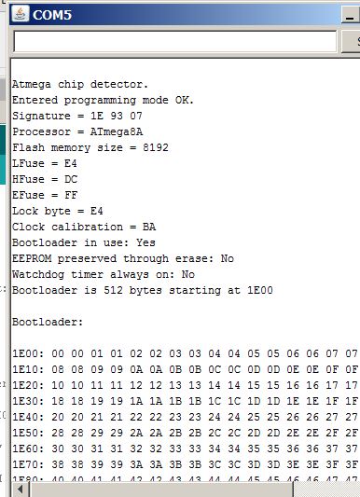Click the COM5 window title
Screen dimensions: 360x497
[x=53, y=16]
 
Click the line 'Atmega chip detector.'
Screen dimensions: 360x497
[x=79, y=83]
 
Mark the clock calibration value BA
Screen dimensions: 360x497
[x=149, y=227]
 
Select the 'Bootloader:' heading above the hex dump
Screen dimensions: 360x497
[x=47, y=322]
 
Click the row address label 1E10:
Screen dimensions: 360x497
[x=29, y=369]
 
